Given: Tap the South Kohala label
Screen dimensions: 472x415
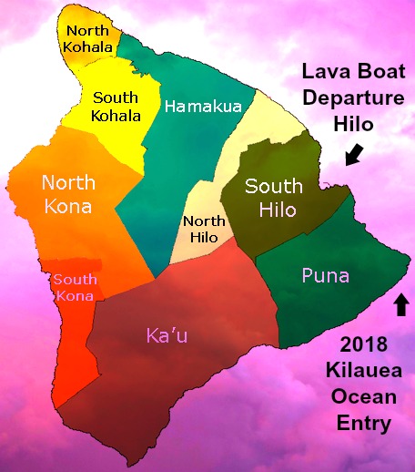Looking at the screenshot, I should [115, 108].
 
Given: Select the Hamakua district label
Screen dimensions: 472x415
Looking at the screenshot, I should [203, 107].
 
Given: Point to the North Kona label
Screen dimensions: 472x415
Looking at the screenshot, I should [66, 195].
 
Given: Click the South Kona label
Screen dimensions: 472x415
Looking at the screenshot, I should [76, 289].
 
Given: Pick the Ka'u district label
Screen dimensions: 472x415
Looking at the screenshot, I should [168, 336].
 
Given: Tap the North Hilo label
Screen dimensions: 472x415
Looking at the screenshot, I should [205, 229].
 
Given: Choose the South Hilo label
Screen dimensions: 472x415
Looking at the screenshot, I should [274, 198].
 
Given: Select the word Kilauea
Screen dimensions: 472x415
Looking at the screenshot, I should [363, 374].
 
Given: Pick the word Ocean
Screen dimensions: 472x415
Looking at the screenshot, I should [363, 398].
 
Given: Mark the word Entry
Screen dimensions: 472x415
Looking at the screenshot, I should [363, 423].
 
